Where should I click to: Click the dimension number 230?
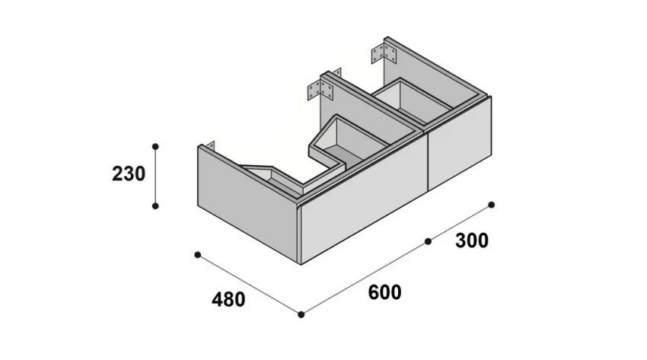click(129, 174)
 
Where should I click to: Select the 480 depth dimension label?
click(228, 299)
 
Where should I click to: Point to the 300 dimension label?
click(472, 241)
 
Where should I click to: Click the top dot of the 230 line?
click(155, 145)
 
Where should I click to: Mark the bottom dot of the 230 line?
click(155, 205)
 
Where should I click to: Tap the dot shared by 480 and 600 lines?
click(301, 314)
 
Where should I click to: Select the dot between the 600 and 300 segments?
click(429, 241)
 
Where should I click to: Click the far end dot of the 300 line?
click(492, 205)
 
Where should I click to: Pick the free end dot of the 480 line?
click(197, 254)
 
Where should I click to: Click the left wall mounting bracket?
click(321, 91)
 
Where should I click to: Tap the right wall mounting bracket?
click(385, 55)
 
